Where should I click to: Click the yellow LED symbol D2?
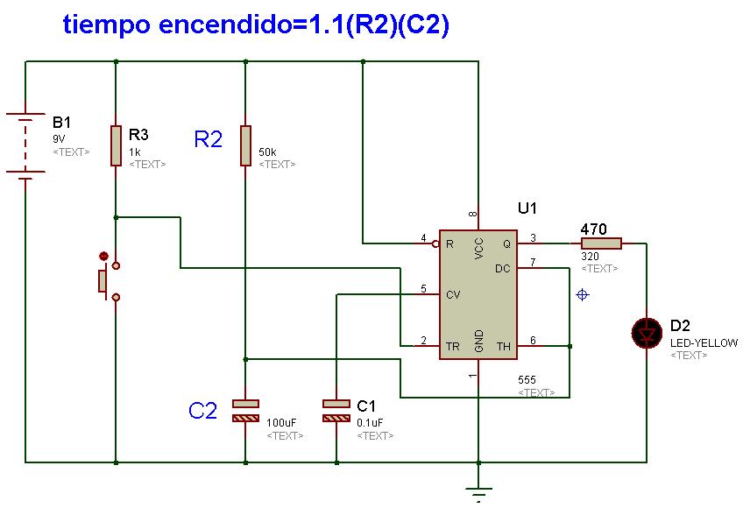tap(647, 332)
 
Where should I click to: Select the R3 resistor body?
tap(116, 145)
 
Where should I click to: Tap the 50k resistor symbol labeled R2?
tap(245, 145)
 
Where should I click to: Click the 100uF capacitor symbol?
tap(245, 411)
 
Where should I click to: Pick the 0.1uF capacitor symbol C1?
tap(336, 411)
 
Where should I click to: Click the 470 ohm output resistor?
tap(601, 243)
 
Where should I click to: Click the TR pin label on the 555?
tap(452, 346)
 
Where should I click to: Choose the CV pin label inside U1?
tap(452, 295)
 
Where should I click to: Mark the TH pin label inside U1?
tap(503, 346)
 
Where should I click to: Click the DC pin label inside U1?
tap(502, 269)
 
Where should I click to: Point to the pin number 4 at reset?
tap(423, 237)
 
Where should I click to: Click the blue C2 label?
tap(202, 410)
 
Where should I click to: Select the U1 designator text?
tap(527, 208)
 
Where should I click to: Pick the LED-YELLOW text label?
tap(704, 343)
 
